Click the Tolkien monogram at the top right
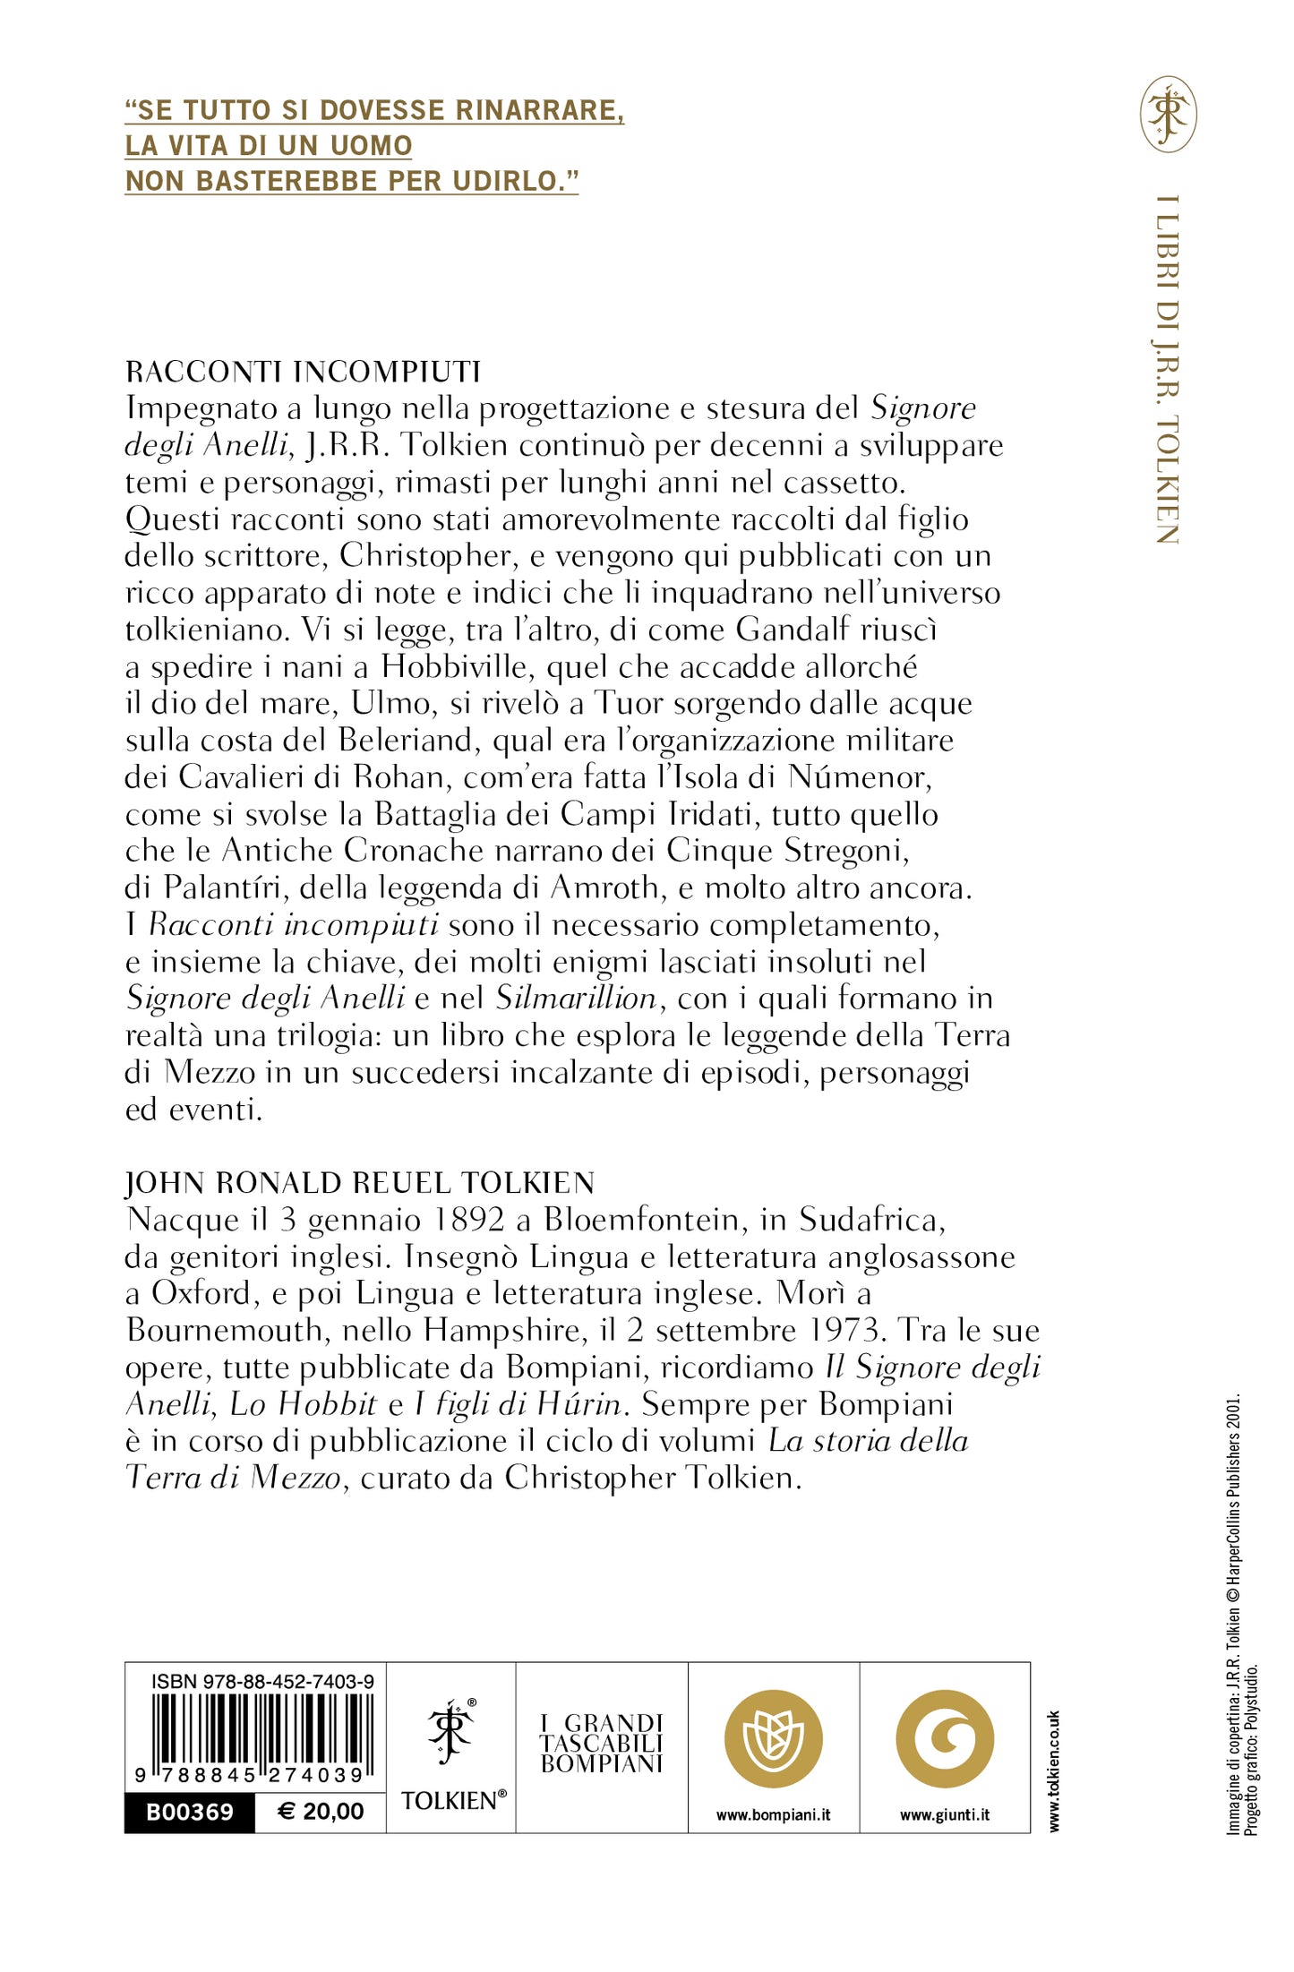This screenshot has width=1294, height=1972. tap(1168, 114)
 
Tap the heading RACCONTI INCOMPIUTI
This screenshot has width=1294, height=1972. tap(303, 371)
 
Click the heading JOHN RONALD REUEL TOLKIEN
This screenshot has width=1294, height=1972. tap(360, 1183)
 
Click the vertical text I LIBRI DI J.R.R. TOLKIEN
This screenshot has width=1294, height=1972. tap(1166, 369)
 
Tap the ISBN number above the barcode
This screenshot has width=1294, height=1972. tap(262, 1682)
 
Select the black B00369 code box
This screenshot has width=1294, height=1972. tap(190, 1812)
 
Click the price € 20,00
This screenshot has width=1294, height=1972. tap(321, 1812)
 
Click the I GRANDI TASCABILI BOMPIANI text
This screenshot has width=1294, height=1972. tap(602, 1744)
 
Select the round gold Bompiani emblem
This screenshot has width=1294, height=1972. tap(773, 1738)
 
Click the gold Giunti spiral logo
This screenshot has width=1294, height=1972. tap(945, 1738)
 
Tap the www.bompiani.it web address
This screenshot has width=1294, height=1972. tap(773, 1815)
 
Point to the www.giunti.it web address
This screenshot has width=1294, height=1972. tap(945, 1815)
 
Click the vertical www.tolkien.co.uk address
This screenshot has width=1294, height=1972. tap(1054, 1771)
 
